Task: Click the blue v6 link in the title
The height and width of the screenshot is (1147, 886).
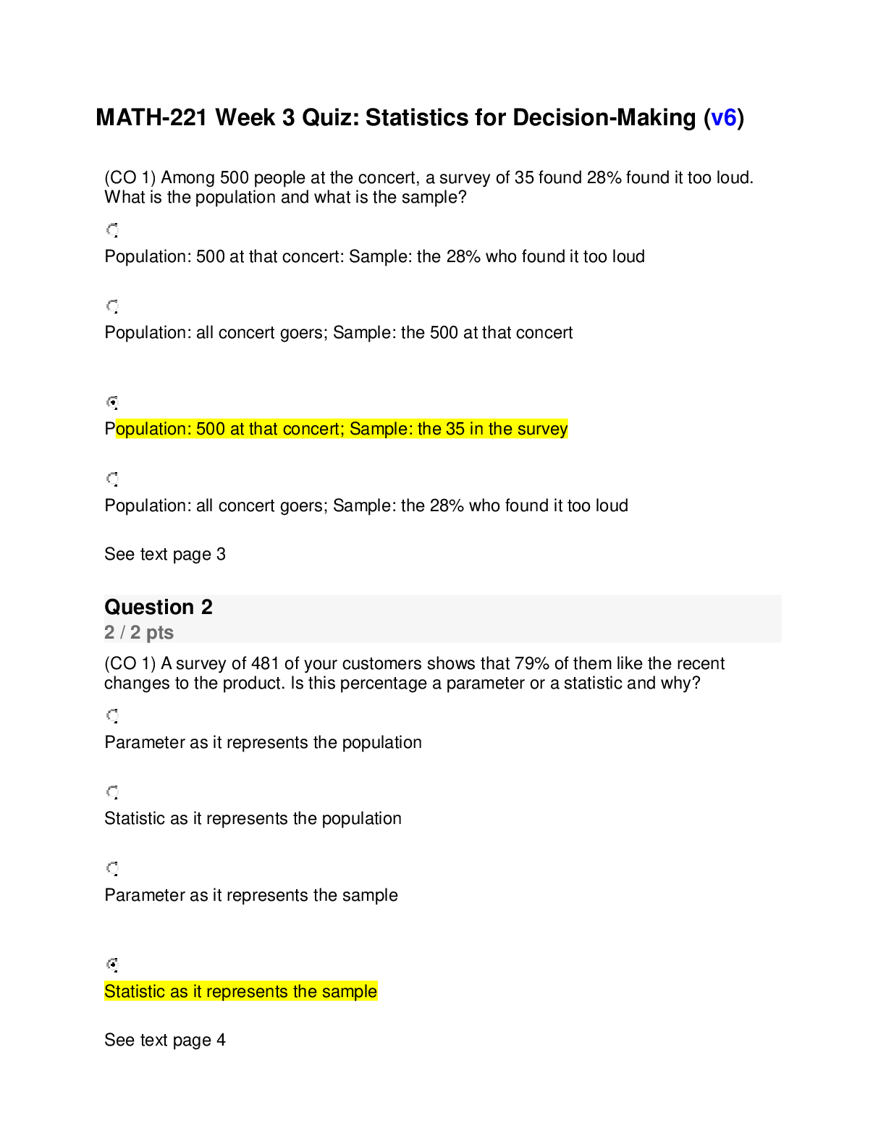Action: point(723,117)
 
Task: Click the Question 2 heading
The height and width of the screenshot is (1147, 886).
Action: point(159,607)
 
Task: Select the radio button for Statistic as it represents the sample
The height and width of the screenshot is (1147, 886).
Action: point(112,965)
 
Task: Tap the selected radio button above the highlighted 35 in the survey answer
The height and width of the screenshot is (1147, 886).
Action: point(112,403)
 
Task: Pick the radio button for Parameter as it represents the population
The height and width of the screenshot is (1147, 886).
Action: point(112,715)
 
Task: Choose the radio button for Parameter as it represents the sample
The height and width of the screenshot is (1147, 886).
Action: point(112,868)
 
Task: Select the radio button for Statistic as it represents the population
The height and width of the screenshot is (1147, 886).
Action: point(112,791)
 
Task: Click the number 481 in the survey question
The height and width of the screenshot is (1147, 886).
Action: point(265,663)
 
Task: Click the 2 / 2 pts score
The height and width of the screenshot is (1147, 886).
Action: point(139,632)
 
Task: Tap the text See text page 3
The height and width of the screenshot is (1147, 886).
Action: point(164,554)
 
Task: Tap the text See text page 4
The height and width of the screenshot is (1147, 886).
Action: point(164,1040)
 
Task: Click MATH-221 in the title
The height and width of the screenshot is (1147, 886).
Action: point(151,117)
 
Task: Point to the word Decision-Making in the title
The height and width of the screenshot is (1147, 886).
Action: point(604,117)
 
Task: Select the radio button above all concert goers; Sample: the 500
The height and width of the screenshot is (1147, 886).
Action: point(112,306)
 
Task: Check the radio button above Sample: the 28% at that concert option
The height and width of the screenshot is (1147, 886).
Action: point(112,230)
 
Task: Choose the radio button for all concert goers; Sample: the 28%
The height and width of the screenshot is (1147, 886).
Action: point(112,479)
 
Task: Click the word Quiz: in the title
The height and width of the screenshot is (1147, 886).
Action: point(330,117)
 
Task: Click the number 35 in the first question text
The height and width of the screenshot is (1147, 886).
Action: point(524,177)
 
